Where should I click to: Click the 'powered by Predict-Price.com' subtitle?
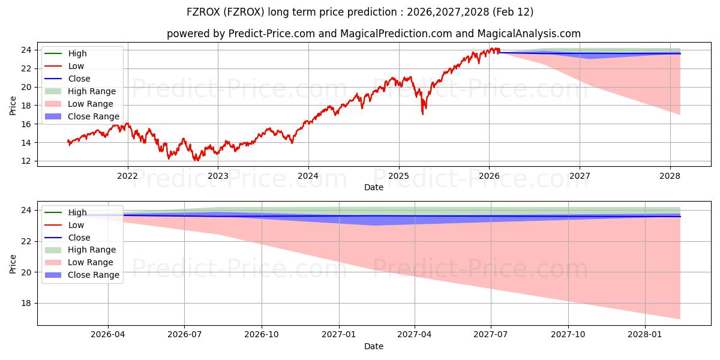pyautogui.click(x=373, y=34)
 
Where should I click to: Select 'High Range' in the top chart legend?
pyautogui.click(x=92, y=91)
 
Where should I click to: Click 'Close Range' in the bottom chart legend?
pyautogui.click(x=94, y=275)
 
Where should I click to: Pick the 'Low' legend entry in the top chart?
pyautogui.click(x=76, y=66)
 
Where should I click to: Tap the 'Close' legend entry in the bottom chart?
pyautogui.click(x=79, y=238)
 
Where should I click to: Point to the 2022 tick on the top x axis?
pyautogui.click(x=127, y=176)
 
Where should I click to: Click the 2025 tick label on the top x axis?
pyautogui.click(x=398, y=176)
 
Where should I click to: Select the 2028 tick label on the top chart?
pyautogui.click(x=670, y=176)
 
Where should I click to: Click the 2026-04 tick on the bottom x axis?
pyautogui.click(x=108, y=335)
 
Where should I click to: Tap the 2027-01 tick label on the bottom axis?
pyautogui.click(x=339, y=335)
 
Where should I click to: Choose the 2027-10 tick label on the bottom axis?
pyautogui.click(x=568, y=335)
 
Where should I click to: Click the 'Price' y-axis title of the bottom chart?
pyautogui.click(x=13, y=263)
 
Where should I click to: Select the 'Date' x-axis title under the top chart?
pyautogui.click(x=373, y=187)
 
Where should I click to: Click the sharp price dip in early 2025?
pyautogui.click(x=423, y=113)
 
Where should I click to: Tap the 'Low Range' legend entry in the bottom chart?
pyautogui.click(x=91, y=262)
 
